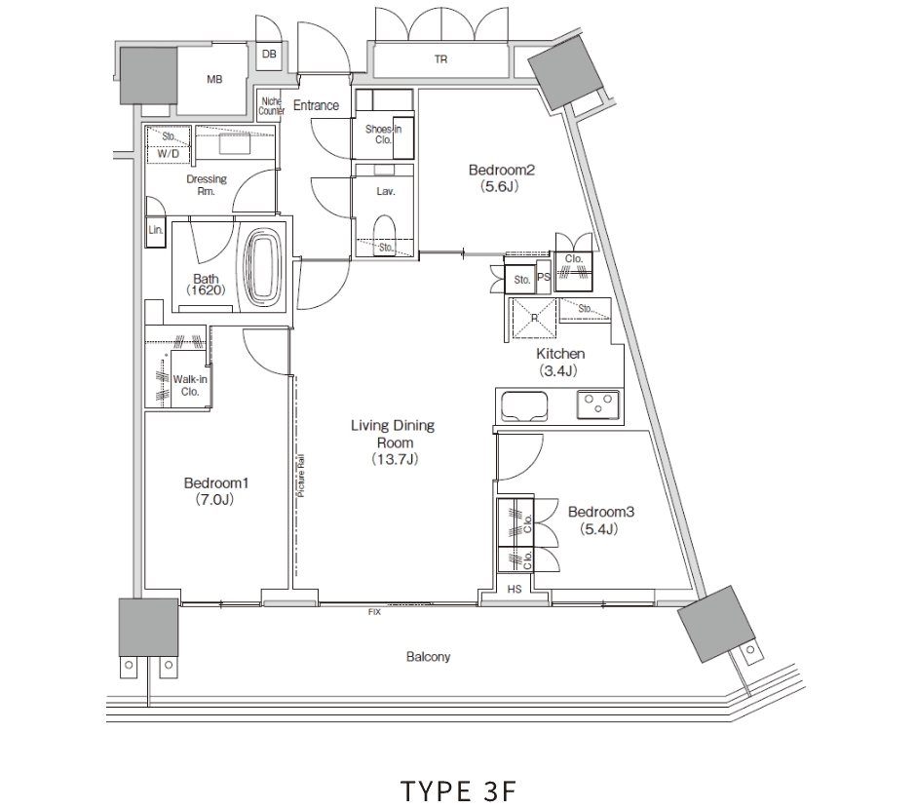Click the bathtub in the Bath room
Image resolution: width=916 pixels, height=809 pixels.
[262, 268]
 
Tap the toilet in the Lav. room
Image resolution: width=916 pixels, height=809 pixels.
[384, 230]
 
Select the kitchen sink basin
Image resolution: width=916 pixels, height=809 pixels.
[524, 405]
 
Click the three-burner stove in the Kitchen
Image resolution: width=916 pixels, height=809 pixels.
[597, 404]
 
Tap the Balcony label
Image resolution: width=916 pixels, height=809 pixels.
[428, 657]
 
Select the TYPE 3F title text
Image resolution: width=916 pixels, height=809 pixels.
[458, 790]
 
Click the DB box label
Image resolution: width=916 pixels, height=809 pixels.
[269, 55]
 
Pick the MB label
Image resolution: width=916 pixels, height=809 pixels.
[214, 79]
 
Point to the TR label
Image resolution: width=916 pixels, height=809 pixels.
[440, 59]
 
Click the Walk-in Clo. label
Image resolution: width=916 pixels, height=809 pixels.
[190, 386]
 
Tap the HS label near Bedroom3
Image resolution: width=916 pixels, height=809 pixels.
[515, 590]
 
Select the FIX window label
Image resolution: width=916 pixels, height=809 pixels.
[374, 612]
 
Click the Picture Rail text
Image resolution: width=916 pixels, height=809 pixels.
[301, 476]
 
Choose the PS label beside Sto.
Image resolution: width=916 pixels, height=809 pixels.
[544, 278]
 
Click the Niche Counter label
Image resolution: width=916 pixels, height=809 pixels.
[272, 105]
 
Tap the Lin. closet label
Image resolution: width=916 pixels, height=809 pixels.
[155, 230]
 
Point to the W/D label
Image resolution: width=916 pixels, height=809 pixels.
[169, 154]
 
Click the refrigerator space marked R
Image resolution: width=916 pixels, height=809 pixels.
[534, 319]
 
